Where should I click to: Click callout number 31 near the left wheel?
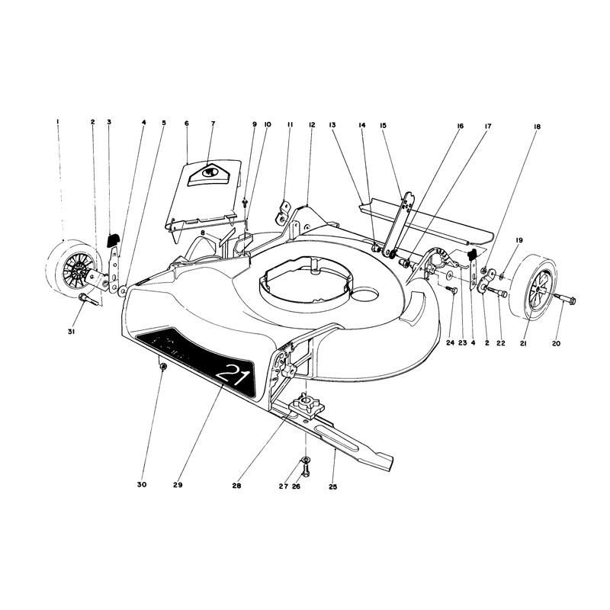pos(71,332)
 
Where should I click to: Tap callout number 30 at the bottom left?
pos(142,485)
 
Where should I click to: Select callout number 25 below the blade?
pos(333,486)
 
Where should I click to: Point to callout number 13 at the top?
pos(332,125)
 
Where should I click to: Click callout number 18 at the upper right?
pos(537,127)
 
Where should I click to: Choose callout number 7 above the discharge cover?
pos(213,124)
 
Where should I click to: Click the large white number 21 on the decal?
pos(233,375)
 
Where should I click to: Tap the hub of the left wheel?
pos(79,269)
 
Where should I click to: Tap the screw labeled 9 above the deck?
pos(245,202)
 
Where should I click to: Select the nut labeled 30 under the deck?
pos(163,366)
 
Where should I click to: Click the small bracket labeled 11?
pos(284,212)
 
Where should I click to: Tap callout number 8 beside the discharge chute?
pos(203,233)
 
